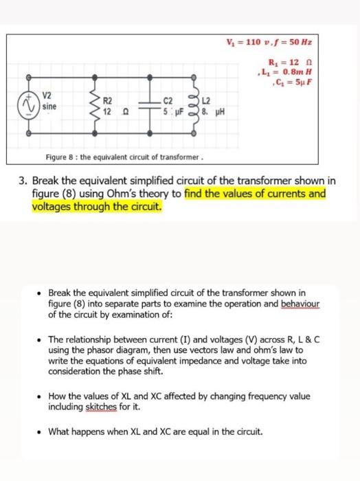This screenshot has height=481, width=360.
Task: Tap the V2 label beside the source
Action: click(48, 96)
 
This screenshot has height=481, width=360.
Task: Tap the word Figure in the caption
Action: click(59, 156)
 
